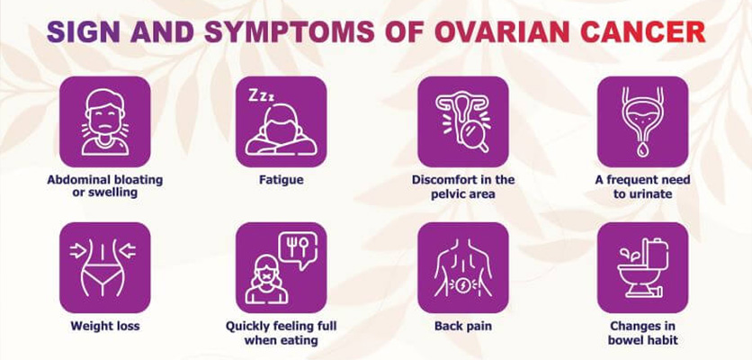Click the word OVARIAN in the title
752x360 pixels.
click(x=502, y=32)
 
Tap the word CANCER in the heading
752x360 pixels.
click(x=643, y=32)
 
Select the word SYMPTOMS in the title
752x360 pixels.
click(x=289, y=32)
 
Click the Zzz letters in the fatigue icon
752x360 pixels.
click(x=262, y=96)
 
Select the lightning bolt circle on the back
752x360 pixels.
click(x=463, y=284)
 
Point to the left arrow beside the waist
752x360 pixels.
click(x=77, y=250)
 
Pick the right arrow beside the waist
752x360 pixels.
click(x=128, y=250)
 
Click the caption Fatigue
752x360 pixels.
click(x=282, y=180)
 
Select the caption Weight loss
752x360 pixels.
click(x=105, y=326)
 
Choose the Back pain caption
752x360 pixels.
click(x=463, y=326)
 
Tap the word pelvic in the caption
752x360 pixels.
click(x=449, y=194)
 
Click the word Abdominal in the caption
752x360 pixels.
click(x=76, y=180)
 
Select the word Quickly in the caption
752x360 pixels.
click(x=247, y=327)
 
